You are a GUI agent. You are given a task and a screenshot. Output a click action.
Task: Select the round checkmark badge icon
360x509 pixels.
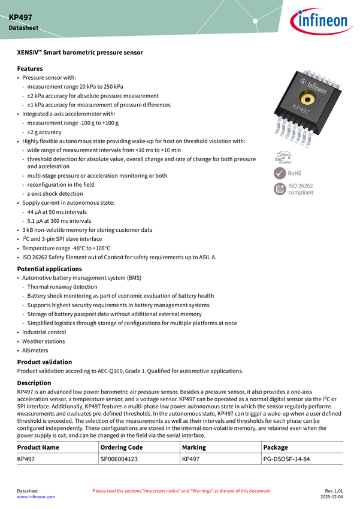coord(280,173)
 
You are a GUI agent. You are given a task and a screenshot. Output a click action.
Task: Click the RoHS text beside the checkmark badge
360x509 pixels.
coord(295,173)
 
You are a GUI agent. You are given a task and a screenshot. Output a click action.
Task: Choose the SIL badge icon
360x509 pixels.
coord(280,189)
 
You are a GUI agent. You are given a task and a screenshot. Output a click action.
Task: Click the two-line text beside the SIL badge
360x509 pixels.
coord(301,189)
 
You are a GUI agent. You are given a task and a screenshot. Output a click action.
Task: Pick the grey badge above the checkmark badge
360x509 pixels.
coord(282,157)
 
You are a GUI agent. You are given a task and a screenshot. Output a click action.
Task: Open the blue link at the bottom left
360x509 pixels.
coord(35,497)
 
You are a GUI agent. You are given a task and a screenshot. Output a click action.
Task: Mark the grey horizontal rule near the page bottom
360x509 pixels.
coord(180,441)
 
